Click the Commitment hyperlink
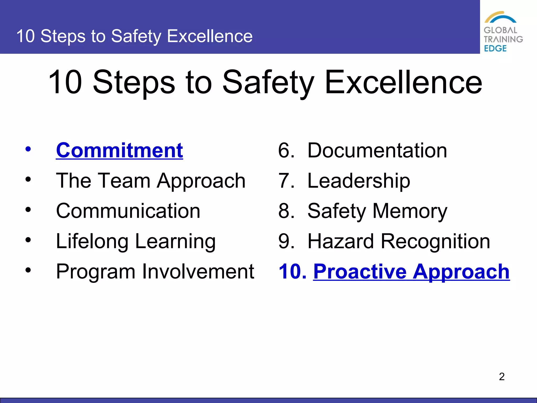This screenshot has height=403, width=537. click(x=119, y=150)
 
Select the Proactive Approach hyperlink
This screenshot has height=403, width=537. click(x=411, y=272)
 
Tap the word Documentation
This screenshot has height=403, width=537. click(x=377, y=150)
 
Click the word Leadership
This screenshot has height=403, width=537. click(x=359, y=181)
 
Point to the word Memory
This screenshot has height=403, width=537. click(x=410, y=211)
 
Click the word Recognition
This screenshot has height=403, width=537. click(x=435, y=241)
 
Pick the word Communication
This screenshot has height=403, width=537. click(x=128, y=211)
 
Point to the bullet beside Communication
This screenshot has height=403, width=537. click(x=28, y=210)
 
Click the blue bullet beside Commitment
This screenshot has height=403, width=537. click(x=28, y=149)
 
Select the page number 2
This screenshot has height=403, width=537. click(x=502, y=377)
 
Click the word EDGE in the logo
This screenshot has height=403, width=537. click(x=495, y=49)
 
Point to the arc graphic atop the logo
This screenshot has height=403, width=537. click(x=500, y=17)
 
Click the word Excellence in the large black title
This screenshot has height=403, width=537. click(x=403, y=82)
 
